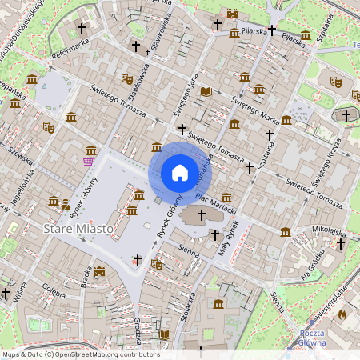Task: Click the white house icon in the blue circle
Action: (179, 172)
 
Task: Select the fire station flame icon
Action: (342, 314)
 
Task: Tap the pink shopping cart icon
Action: (88, 162)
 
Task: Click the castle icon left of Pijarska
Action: (233, 14)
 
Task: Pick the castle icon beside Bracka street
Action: (98, 272)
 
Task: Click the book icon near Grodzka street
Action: (165, 334)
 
